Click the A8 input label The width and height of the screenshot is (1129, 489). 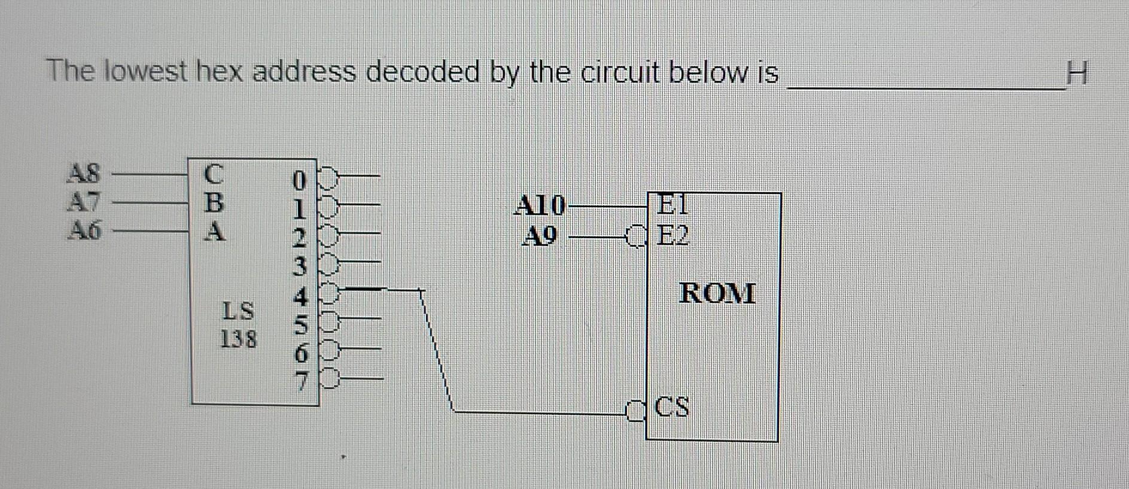pyautogui.click(x=84, y=174)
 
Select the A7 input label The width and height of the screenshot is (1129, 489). pyautogui.click(x=84, y=202)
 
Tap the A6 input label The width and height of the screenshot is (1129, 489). pyautogui.click(x=84, y=229)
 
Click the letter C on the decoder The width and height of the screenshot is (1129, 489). pyautogui.click(x=214, y=175)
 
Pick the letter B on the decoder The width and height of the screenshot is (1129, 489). pyautogui.click(x=214, y=202)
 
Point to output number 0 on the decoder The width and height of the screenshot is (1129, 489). pyautogui.click(x=300, y=180)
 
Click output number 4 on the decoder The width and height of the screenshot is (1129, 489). pyautogui.click(x=301, y=296)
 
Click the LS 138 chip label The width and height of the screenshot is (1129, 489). pyautogui.click(x=238, y=324)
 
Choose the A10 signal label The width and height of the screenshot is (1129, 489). pyautogui.click(x=540, y=206)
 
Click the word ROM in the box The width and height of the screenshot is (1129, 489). pyautogui.click(x=717, y=294)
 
